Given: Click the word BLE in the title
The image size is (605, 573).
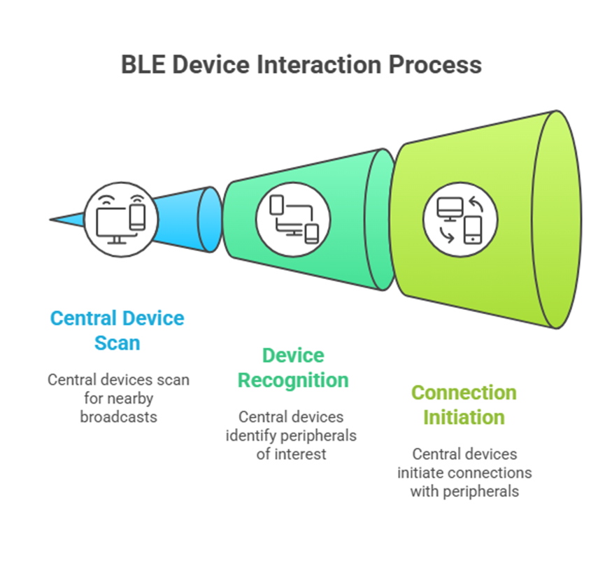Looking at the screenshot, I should [x=143, y=64].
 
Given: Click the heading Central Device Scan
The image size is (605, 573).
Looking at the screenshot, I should [x=117, y=330].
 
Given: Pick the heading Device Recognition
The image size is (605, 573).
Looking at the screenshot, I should [x=293, y=367].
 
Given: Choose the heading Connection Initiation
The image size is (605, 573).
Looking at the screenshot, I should [x=464, y=404].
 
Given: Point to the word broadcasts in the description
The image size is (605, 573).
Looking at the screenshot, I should [x=118, y=416].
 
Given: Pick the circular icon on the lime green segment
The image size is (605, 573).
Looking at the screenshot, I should [x=461, y=219].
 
